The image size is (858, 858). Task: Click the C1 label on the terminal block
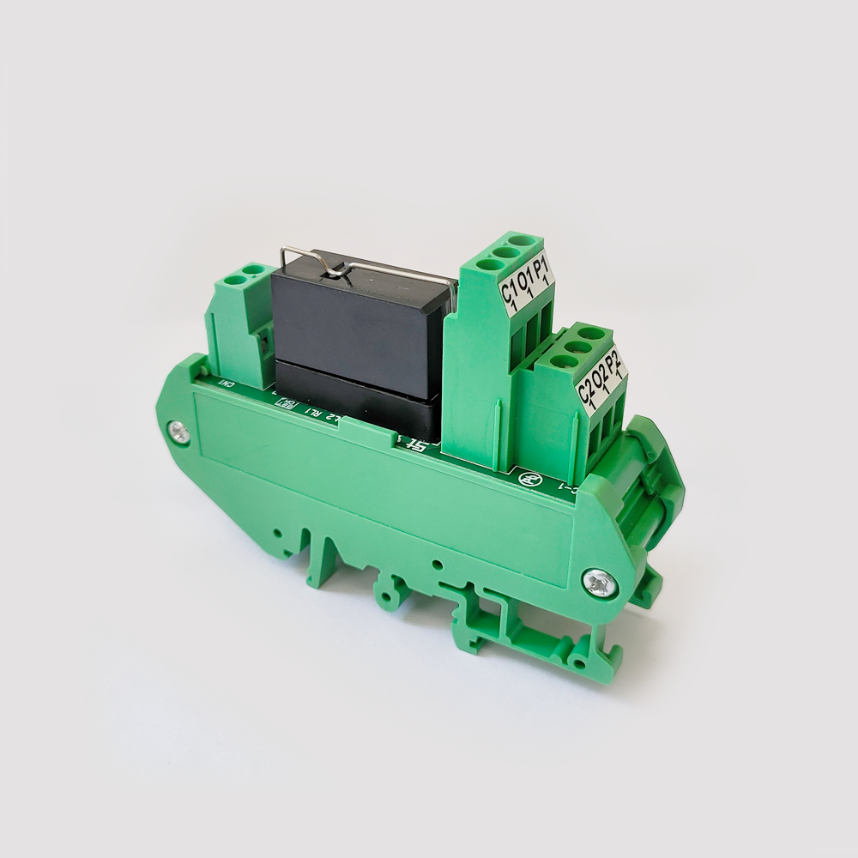pos(507,293)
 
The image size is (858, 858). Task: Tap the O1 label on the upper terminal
pos(525,282)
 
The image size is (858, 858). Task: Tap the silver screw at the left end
pos(179,432)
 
